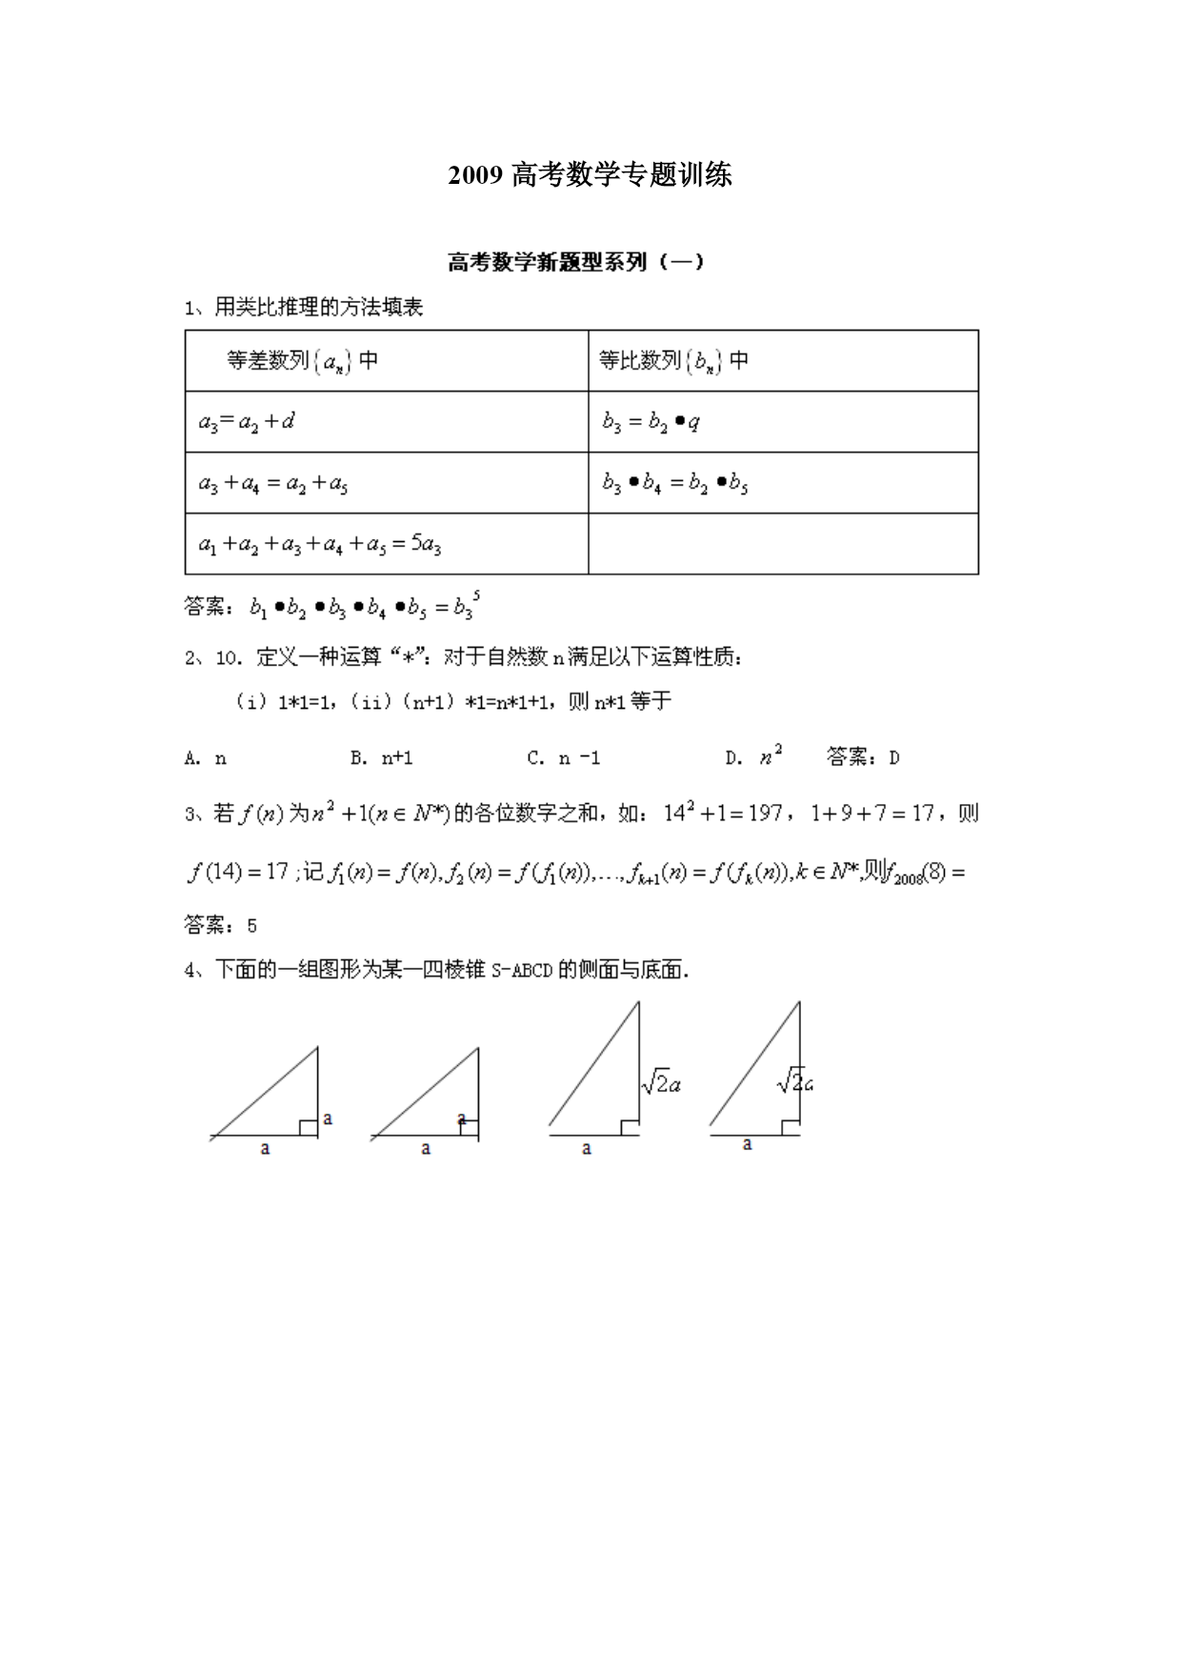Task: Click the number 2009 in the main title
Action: click(x=474, y=175)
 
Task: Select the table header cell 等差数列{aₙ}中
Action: click(x=302, y=361)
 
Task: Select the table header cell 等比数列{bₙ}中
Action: click(x=673, y=361)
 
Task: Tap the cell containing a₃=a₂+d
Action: click(x=247, y=421)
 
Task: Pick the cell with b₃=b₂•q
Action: click(x=651, y=421)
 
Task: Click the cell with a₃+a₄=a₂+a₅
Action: click(x=273, y=483)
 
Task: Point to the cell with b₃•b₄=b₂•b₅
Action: click(x=674, y=483)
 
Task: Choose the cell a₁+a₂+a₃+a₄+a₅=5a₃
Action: click(x=319, y=544)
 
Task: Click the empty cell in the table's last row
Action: click(x=783, y=544)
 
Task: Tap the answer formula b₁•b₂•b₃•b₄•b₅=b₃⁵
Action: click(x=365, y=606)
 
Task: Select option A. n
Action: click(x=206, y=758)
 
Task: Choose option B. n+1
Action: click(x=381, y=758)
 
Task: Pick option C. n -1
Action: click(x=563, y=758)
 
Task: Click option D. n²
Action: click(x=753, y=757)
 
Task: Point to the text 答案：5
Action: click(x=220, y=925)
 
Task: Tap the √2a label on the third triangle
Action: click(x=661, y=1083)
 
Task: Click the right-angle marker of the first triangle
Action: click(x=309, y=1128)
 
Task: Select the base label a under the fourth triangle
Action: click(x=748, y=1144)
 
